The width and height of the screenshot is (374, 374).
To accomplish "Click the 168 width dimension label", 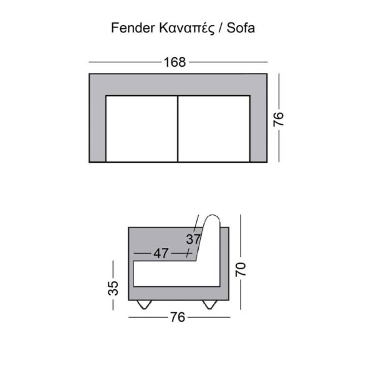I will (176, 62).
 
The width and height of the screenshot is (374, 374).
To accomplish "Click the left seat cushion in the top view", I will (142, 128).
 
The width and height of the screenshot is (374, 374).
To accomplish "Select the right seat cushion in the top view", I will (214, 128).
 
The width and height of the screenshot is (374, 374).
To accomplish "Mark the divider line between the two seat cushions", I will (178, 128).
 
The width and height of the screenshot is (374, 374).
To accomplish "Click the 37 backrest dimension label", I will (193, 239).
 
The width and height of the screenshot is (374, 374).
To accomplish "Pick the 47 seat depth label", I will (161, 254).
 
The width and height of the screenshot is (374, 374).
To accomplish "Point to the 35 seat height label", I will (113, 287).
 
